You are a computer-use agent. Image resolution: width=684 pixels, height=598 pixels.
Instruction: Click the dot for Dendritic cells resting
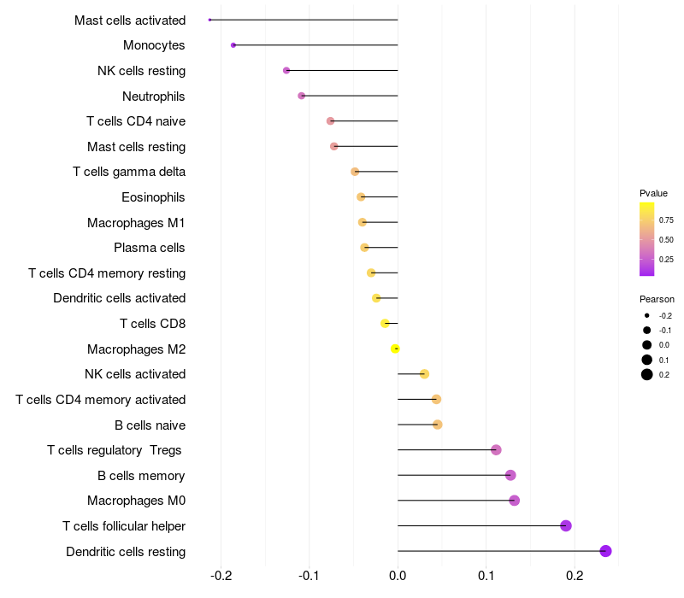(x=606, y=551)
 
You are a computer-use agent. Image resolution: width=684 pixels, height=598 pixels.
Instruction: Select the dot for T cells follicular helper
(x=566, y=525)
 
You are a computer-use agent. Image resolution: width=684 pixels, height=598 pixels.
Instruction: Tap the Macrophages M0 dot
(x=514, y=501)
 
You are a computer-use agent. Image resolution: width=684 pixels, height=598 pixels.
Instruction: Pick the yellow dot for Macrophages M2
(x=395, y=349)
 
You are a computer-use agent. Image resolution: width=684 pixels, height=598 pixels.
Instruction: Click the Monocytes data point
(x=233, y=45)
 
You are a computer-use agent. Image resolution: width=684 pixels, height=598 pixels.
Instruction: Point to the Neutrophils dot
(x=301, y=96)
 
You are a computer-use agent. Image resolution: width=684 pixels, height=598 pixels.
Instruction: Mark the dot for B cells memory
(x=510, y=475)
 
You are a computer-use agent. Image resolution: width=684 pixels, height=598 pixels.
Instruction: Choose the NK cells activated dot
(x=424, y=374)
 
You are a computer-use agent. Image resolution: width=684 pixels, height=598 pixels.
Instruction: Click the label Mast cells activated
(x=130, y=20)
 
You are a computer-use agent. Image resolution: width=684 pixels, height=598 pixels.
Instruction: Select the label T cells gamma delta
(x=129, y=172)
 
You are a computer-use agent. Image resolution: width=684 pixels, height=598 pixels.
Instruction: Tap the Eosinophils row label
(x=153, y=197)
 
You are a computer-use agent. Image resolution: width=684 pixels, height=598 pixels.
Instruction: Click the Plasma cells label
(x=150, y=248)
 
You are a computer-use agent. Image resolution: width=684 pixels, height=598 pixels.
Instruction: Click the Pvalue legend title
(x=653, y=193)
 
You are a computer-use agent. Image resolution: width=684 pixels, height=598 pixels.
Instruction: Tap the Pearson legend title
(x=657, y=299)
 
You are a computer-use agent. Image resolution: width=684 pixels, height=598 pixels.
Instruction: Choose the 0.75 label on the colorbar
(x=666, y=220)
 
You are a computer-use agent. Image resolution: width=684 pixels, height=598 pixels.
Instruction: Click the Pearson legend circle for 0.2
(x=647, y=374)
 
